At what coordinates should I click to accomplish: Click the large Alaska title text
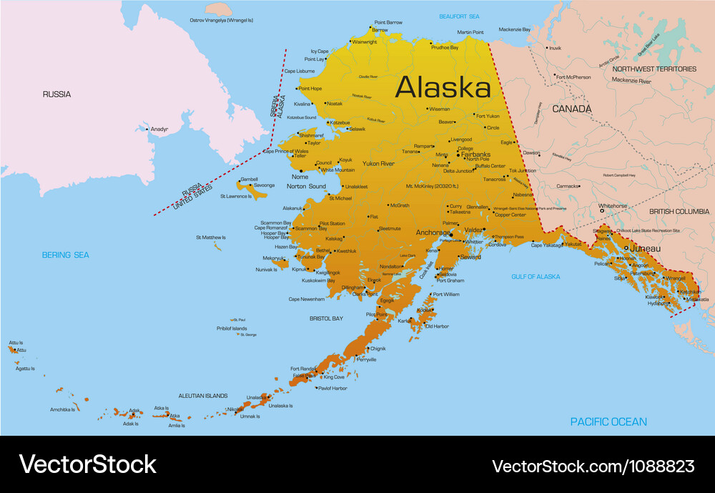click(443, 87)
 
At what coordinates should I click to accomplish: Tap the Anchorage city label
click(433, 233)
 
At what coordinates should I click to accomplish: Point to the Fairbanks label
click(475, 154)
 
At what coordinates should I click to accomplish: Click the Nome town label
click(300, 177)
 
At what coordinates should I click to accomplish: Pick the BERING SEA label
click(65, 255)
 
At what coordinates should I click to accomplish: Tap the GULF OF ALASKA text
click(536, 276)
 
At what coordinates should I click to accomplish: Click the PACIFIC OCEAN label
click(608, 422)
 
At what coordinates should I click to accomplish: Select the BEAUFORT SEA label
click(459, 16)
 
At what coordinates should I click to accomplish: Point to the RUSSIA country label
click(56, 94)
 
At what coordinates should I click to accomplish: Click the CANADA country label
click(572, 109)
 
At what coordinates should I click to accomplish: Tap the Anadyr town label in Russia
click(159, 130)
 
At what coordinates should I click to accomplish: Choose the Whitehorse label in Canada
click(613, 206)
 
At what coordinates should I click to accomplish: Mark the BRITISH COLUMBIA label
click(679, 212)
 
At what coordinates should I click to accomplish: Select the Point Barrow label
click(388, 22)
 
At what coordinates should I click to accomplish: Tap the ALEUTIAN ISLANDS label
click(202, 395)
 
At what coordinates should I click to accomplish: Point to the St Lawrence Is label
click(235, 196)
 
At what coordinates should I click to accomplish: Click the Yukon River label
click(378, 164)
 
